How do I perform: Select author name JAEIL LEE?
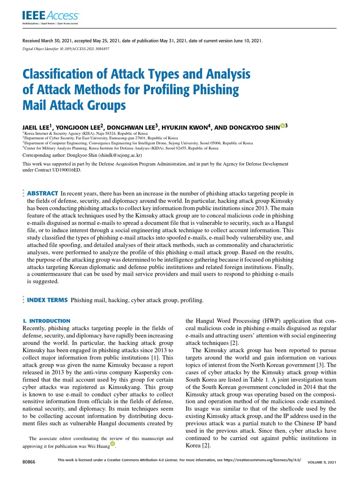click(x=38, y=127)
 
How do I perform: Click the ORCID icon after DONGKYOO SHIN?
click(x=283, y=125)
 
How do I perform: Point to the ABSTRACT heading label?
click(x=43, y=193)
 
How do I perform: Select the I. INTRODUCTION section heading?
click(x=46, y=321)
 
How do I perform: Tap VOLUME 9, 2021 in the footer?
click(x=322, y=463)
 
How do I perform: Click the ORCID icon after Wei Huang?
click(x=112, y=443)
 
